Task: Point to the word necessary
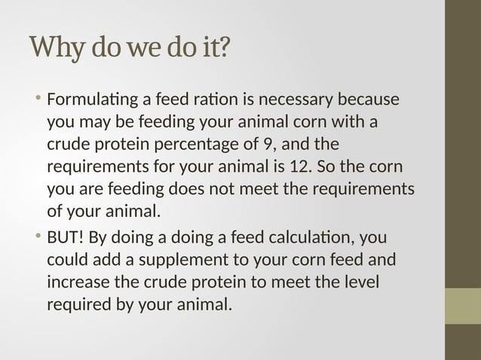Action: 286,101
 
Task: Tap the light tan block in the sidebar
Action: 463,306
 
